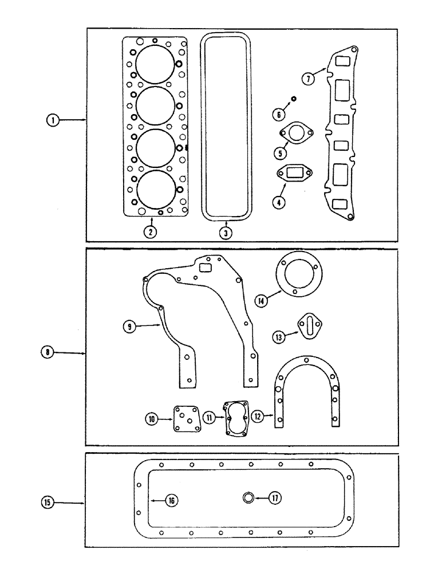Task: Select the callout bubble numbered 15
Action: (x=48, y=503)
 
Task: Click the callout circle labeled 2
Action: (x=150, y=231)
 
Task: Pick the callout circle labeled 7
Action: (x=309, y=79)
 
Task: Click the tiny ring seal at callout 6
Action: (x=293, y=99)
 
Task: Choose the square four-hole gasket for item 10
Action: (x=186, y=420)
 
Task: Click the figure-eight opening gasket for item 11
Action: (x=236, y=418)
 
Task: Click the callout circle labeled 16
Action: (x=171, y=500)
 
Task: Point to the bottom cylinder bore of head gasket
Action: (x=155, y=190)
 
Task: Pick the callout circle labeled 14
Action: (x=262, y=299)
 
